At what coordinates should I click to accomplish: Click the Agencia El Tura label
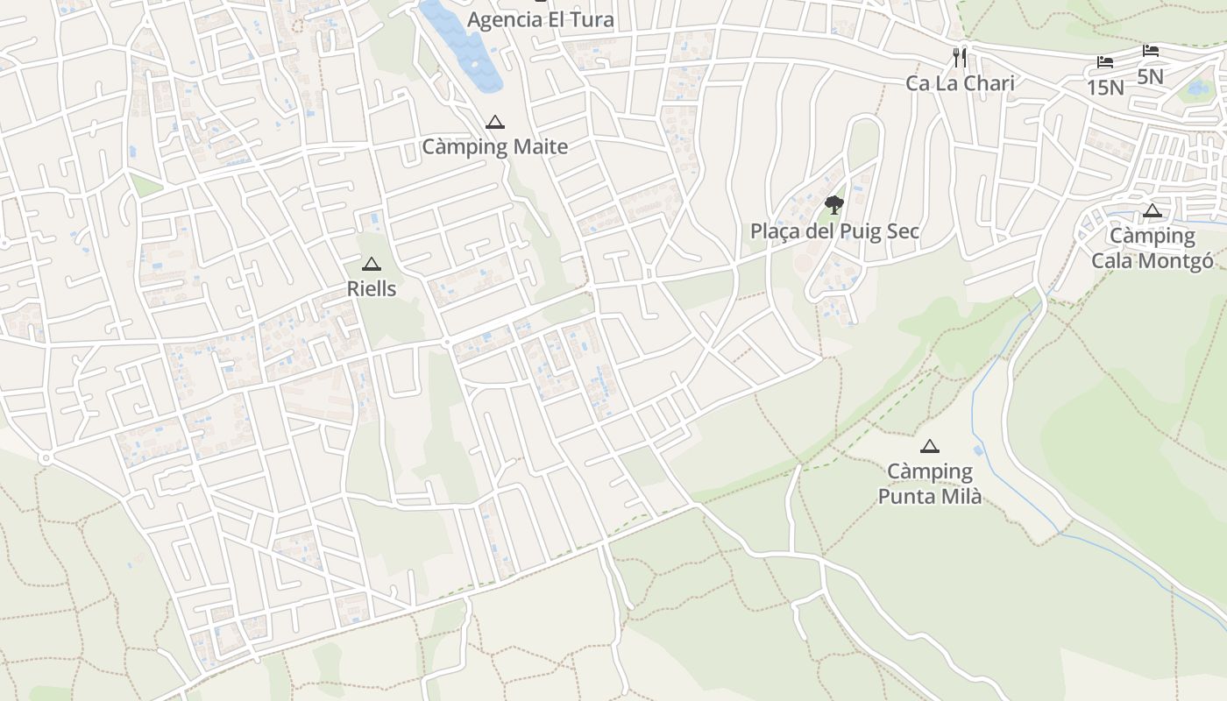[540, 19]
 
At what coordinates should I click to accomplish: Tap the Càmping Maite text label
[495, 146]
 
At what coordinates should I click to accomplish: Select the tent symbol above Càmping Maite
[495, 123]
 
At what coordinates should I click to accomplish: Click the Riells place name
[372, 288]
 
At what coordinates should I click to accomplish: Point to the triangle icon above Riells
[372, 264]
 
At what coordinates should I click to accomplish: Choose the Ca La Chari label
[960, 83]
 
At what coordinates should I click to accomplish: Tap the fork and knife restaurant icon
[961, 58]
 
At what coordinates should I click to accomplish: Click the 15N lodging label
[1105, 87]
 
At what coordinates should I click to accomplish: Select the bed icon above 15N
[1105, 62]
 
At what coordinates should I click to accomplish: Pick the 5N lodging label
[1150, 76]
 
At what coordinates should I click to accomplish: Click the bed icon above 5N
[1151, 51]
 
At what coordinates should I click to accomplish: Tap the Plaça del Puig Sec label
[834, 231]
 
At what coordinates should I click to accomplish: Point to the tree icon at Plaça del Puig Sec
[834, 206]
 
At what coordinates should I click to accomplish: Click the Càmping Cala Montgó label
[1153, 248]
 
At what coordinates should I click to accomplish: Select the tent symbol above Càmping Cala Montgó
[1153, 210]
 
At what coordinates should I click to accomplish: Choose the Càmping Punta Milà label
[930, 484]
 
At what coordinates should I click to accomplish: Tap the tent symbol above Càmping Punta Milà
[930, 447]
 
